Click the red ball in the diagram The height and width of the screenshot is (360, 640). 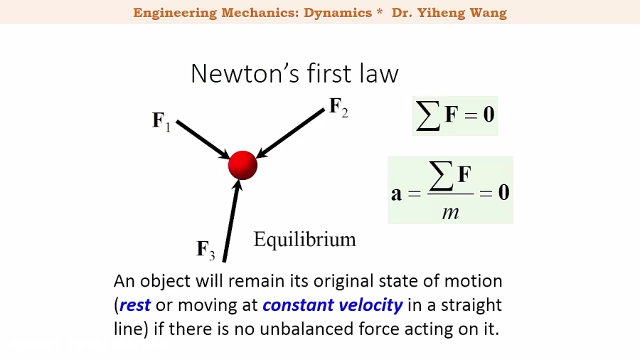pos(242,165)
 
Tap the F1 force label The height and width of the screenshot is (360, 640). pos(161,121)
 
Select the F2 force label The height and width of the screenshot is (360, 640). pos(338,107)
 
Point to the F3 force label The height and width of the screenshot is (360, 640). pos(206,250)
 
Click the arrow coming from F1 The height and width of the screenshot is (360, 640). pos(202,139)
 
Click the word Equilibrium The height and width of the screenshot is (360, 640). pos(304,239)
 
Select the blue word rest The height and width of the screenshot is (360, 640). pos(135,305)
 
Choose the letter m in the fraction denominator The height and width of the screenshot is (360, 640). pos(450,211)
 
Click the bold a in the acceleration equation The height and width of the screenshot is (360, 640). pos(396,193)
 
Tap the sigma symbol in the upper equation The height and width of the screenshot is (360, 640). pos(428,115)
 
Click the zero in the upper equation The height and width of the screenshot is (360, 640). pos(489,115)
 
